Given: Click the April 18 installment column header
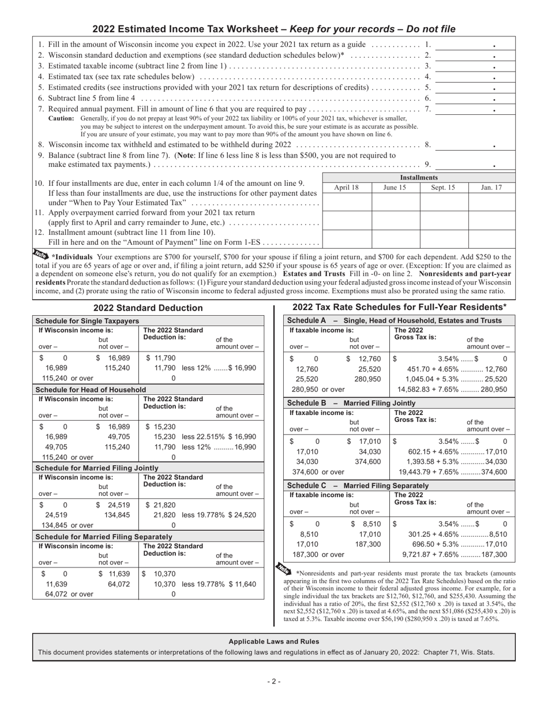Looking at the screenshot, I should [x=346, y=188].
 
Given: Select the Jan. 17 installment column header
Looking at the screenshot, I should [x=491, y=188].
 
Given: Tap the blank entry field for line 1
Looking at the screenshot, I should [x=467, y=45].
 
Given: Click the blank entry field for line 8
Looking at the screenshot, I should [x=467, y=144].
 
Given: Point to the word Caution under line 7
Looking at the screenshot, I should [x=61, y=118].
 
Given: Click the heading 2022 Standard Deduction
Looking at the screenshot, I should [x=148, y=308].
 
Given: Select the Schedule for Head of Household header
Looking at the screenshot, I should [x=91, y=390].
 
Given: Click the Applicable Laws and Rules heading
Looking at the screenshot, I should [x=273, y=641].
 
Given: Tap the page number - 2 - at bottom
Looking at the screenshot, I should [x=274, y=682].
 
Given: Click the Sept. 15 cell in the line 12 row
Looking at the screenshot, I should [x=444, y=239].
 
